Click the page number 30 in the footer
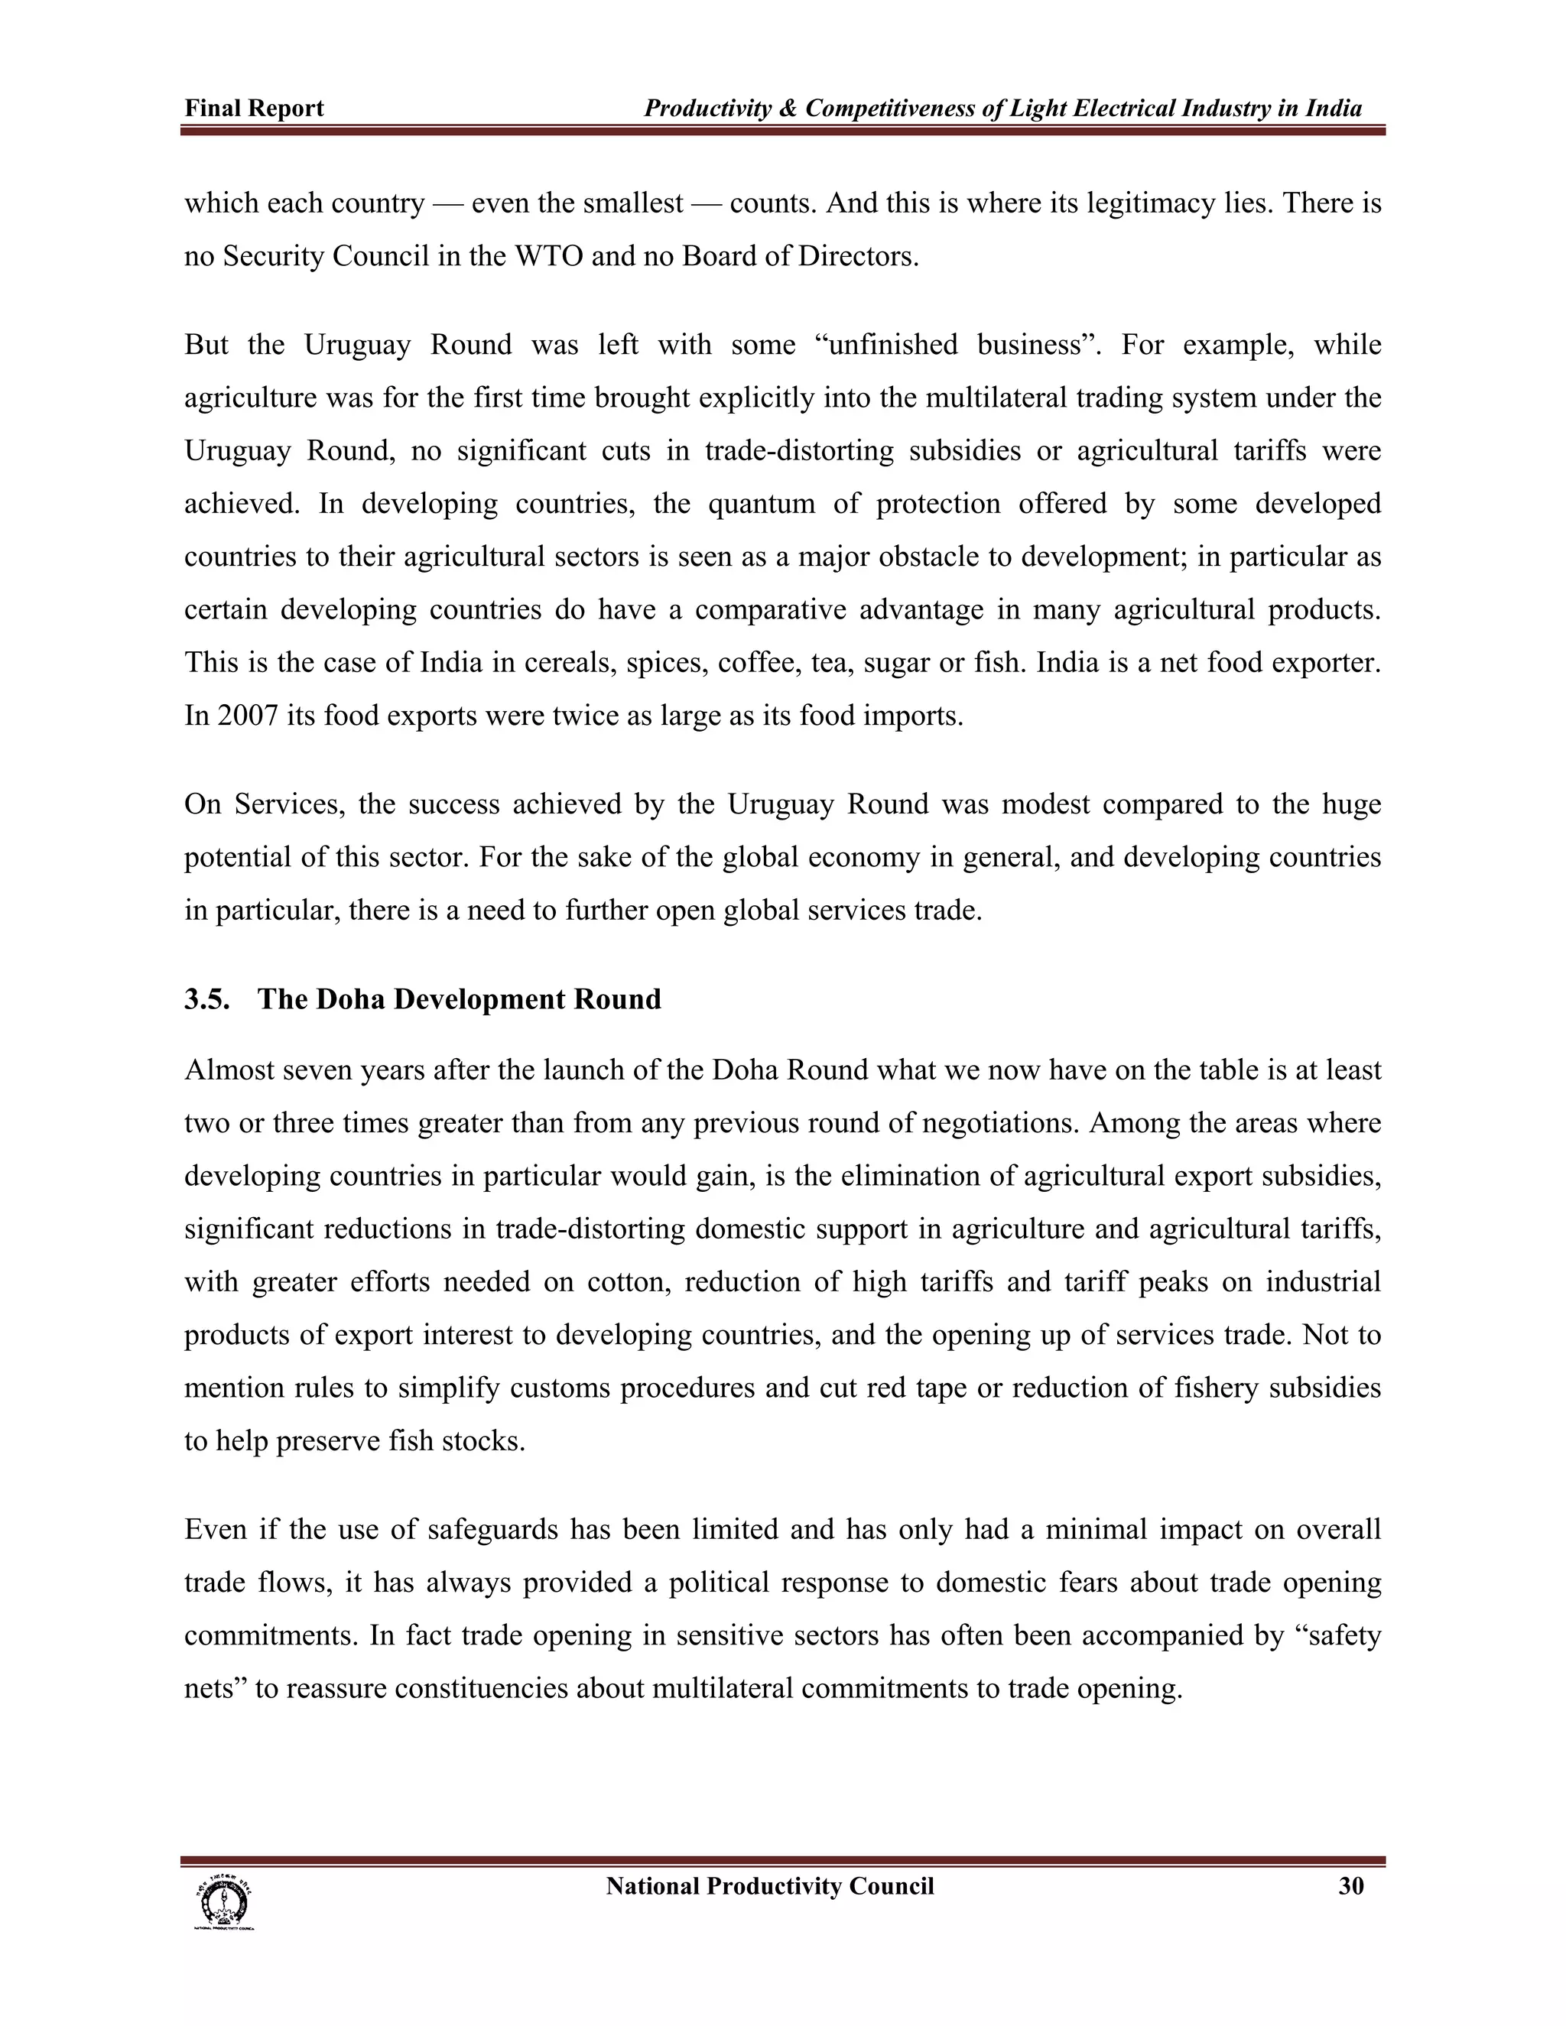1351,1886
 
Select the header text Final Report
254,109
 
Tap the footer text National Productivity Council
769,1886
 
